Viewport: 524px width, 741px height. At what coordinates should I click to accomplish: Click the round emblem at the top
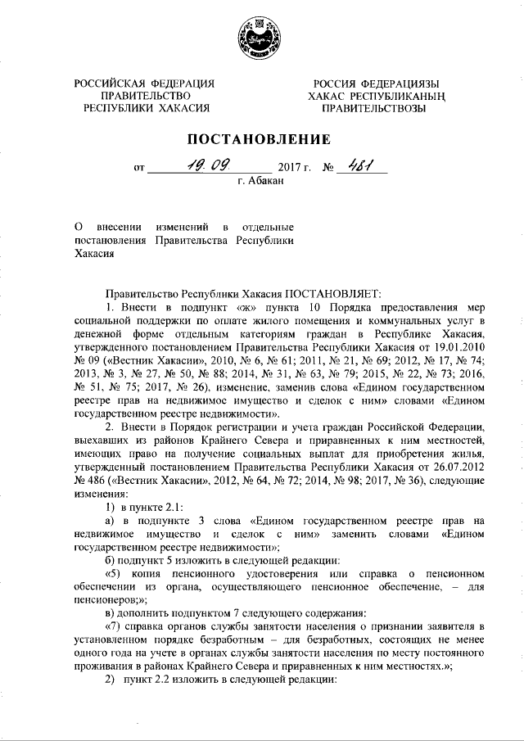click(261, 39)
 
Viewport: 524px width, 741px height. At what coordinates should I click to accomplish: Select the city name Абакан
click(267, 181)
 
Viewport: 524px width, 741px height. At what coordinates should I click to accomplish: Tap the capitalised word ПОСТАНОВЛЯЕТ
click(328, 291)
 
